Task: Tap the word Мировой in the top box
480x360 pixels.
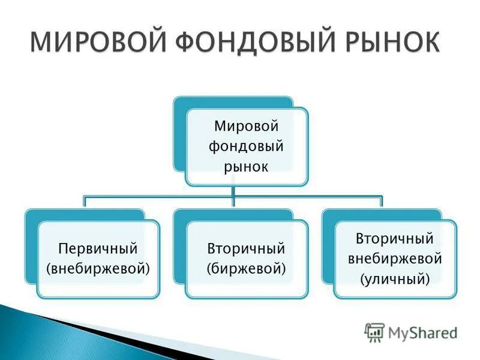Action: pyautogui.click(x=246, y=127)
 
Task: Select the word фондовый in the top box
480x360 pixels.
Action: pyautogui.click(x=246, y=146)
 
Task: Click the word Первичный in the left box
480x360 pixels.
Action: pyautogui.click(x=98, y=248)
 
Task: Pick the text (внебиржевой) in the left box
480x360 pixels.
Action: pyautogui.click(x=98, y=268)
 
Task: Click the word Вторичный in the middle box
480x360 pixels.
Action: pyautogui.click(x=246, y=248)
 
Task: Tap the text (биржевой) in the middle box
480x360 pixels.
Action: pyautogui.click(x=246, y=268)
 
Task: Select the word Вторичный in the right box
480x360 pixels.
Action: pyautogui.click(x=395, y=239)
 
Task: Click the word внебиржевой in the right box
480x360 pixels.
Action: pyautogui.click(x=395, y=259)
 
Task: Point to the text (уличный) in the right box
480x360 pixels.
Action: pyautogui.click(x=395, y=278)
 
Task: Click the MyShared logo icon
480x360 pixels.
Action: pyautogui.click(x=374, y=331)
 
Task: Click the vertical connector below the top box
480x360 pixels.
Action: pyautogui.click(x=235, y=191)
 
